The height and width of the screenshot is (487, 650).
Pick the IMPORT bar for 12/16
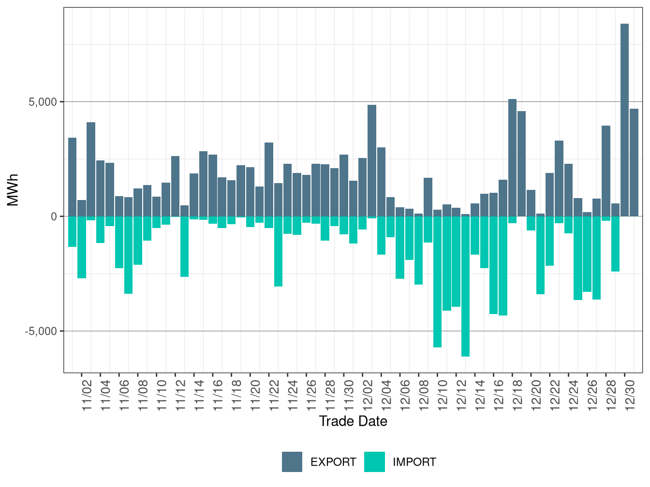[494, 265]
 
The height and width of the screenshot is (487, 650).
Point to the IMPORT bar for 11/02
[82, 247]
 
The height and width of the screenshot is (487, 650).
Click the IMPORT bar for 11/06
[119, 242]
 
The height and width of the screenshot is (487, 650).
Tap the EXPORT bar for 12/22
[559, 178]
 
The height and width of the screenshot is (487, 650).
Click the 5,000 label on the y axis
[43, 102]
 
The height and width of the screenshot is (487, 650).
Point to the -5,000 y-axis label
[41, 331]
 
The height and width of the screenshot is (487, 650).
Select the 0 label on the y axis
[54, 216]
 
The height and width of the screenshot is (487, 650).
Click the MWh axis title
[13, 190]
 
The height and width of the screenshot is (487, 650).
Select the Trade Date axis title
[353, 421]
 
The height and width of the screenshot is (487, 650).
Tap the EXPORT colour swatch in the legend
[292, 462]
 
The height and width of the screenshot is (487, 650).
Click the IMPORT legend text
[414, 462]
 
